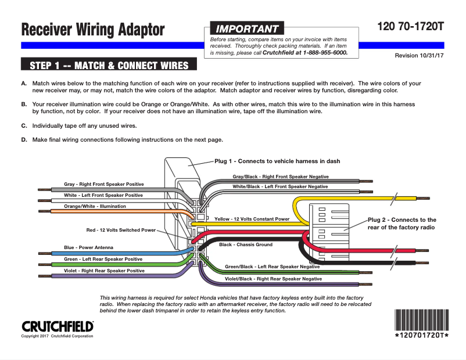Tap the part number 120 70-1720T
(x=410, y=27)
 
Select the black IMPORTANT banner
(x=246, y=28)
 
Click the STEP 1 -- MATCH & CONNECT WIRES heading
(x=109, y=65)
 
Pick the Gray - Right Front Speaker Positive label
(x=103, y=184)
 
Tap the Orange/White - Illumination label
(x=95, y=206)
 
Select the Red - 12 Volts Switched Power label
(x=121, y=230)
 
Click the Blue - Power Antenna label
(x=88, y=247)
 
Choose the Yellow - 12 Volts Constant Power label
(x=252, y=219)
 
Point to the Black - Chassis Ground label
(x=245, y=244)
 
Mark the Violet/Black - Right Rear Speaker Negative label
(x=273, y=279)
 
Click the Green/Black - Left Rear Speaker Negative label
(x=272, y=267)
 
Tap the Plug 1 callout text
(x=277, y=161)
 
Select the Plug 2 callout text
(x=402, y=223)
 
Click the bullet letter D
(x=24, y=139)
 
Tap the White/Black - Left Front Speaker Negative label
(x=280, y=186)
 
